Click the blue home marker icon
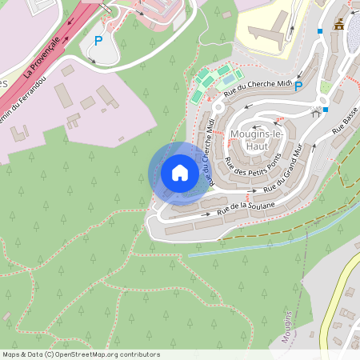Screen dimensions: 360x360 pyautogui.click(x=180, y=173)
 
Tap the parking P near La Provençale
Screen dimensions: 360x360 pyautogui.click(x=98, y=40)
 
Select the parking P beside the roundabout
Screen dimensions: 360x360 pyautogui.click(x=298, y=86)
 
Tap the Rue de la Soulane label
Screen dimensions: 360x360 pyautogui.click(x=246, y=208)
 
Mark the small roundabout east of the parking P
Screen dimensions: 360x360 pyautogui.click(x=323, y=100)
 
